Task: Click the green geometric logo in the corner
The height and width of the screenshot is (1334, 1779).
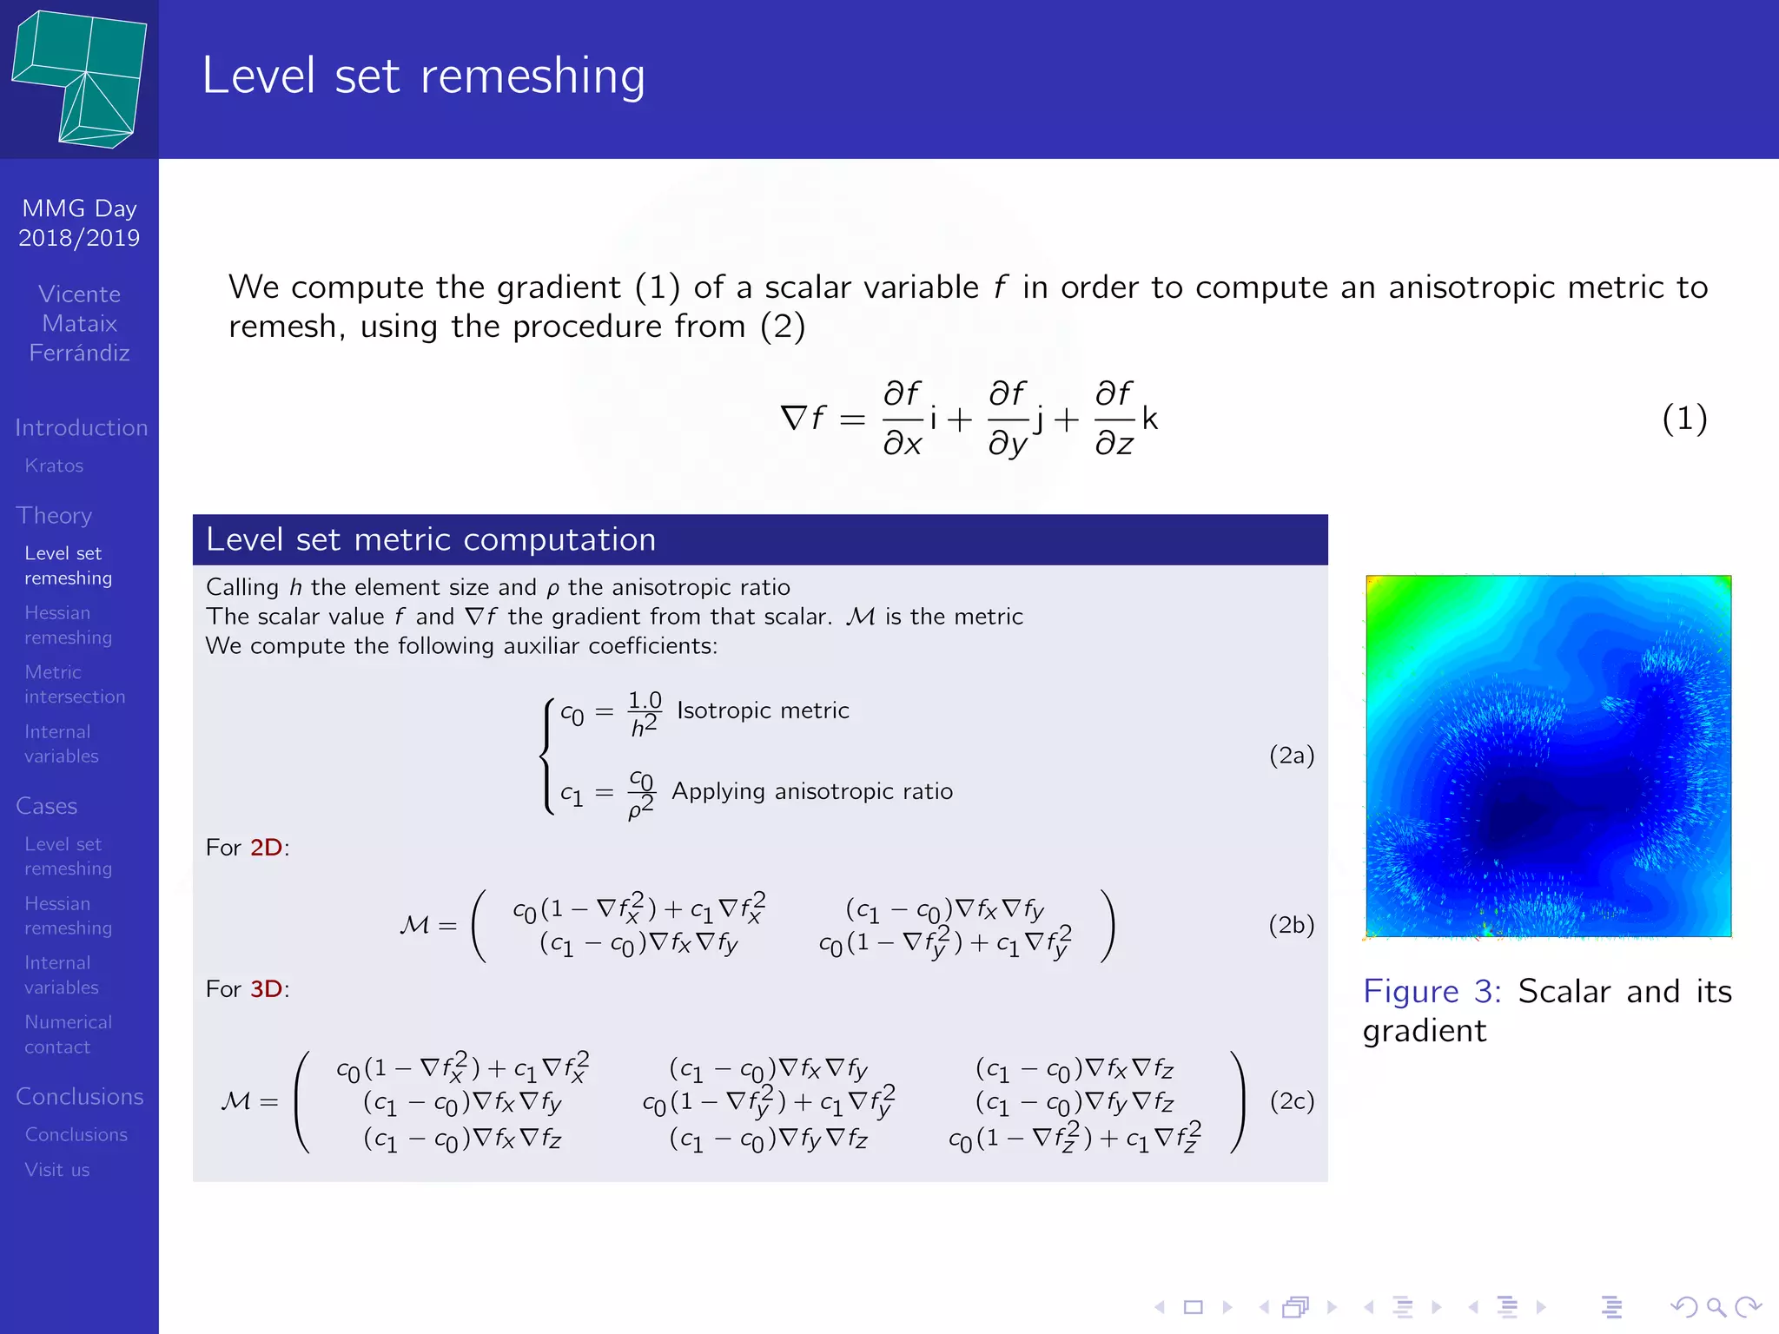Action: [x=79, y=79]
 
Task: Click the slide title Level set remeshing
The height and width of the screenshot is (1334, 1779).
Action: [x=423, y=76]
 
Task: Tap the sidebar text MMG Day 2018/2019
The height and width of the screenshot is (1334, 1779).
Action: [x=79, y=223]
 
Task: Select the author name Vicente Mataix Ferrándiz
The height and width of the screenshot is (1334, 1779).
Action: [x=79, y=323]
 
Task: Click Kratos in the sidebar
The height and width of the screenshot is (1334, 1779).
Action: [x=54, y=466]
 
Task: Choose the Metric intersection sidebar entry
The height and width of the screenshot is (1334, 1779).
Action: [x=75, y=684]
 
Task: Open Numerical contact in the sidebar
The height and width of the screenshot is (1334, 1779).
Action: [x=68, y=1034]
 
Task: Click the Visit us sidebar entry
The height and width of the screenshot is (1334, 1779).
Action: [x=57, y=1170]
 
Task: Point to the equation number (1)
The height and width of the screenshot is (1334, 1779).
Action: [x=1683, y=419]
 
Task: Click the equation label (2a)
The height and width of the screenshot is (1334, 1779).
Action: [x=1291, y=755]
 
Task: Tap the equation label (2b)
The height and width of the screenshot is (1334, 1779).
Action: [x=1291, y=925]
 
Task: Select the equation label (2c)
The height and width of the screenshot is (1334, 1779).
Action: [x=1291, y=1101]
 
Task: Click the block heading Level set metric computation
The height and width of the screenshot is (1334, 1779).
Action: [x=431, y=539]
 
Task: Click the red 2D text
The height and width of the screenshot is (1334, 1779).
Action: [x=266, y=848]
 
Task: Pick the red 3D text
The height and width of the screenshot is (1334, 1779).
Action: [x=266, y=989]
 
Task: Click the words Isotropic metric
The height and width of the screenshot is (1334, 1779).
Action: [x=763, y=710]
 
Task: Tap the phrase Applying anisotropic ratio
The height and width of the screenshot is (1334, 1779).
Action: [x=812, y=791]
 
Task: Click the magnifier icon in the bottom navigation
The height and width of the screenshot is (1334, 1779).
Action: [x=1715, y=1307]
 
